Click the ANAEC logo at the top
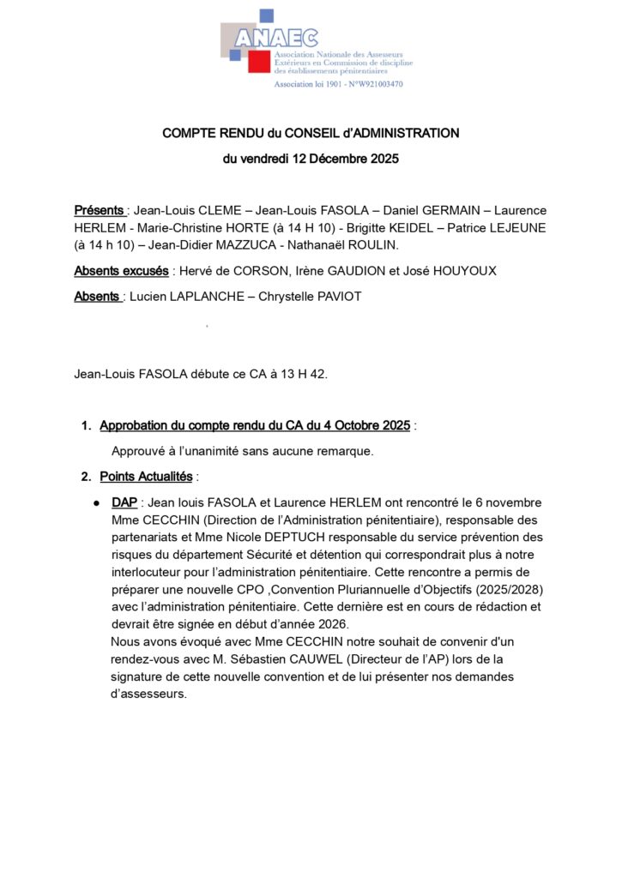coord(275,39)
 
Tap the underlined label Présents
coord(99,210)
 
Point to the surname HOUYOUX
coord(462,271)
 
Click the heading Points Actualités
coord(146,476)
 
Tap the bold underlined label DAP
coord(124,502)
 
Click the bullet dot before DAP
coord(98,503)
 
